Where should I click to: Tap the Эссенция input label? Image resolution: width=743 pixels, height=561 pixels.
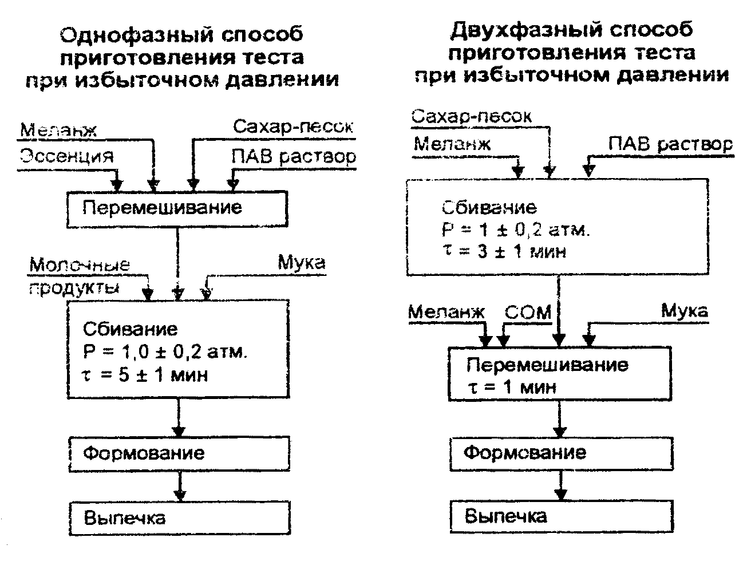67,156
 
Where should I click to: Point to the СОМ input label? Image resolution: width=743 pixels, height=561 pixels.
528,313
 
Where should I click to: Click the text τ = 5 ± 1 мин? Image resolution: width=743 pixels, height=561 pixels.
145,375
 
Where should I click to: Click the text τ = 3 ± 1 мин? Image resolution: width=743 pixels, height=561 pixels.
504,251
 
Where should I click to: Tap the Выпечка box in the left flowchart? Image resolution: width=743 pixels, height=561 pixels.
179,519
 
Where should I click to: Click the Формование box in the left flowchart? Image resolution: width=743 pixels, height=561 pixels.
179,454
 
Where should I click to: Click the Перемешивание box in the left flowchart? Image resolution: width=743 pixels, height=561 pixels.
177,207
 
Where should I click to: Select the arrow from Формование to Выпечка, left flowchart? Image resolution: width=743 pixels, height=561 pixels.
179,487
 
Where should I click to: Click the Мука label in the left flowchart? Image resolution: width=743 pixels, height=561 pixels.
302,263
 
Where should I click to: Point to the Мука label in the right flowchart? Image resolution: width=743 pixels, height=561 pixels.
684,311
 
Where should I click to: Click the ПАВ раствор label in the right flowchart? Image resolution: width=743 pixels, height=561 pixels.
670,144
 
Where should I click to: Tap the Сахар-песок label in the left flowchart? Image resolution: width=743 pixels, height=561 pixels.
293,127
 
